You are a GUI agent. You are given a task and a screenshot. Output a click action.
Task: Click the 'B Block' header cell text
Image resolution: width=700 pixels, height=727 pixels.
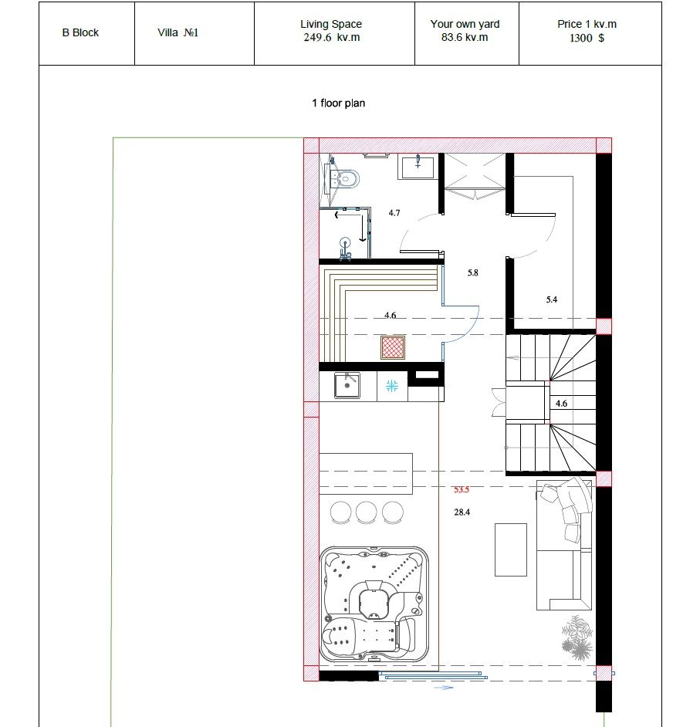point(80,33)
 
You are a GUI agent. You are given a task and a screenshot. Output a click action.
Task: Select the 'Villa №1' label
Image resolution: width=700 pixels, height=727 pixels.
point(178,33)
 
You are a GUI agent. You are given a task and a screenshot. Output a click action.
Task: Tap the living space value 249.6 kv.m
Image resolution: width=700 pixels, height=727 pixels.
point(331,38)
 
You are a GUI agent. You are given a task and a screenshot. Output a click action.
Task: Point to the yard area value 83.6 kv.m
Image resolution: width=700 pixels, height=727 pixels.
point(465,38)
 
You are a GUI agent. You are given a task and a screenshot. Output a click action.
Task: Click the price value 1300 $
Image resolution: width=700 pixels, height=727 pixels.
point(587,38)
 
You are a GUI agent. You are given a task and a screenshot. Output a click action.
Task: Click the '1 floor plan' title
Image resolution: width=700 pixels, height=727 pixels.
point(338,103)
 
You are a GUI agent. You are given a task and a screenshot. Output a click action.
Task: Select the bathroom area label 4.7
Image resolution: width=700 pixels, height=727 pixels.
point(394,213)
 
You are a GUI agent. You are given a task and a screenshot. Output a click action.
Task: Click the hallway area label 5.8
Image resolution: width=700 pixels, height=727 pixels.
point(472,272)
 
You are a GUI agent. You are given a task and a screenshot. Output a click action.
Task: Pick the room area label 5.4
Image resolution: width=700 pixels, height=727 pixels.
point(551,299)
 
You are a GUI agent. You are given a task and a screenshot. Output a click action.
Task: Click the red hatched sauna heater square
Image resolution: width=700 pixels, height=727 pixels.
point(393,347)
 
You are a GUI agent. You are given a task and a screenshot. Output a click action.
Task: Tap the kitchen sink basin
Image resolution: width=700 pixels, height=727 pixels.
point(347,386)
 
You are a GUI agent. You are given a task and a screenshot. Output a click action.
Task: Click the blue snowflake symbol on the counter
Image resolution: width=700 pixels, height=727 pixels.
point(392,386)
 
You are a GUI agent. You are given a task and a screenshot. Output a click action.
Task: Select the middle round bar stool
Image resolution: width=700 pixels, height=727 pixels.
point(367,512)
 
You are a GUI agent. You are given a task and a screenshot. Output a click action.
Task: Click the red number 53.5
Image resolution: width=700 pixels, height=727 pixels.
point(462,489)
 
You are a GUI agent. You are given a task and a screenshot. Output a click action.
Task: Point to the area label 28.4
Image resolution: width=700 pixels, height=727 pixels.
point(462,512)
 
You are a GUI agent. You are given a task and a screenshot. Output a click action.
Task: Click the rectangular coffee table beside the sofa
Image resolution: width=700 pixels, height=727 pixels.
point(510,550)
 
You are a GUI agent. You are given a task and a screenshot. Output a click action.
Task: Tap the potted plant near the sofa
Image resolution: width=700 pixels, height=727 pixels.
point(577,637)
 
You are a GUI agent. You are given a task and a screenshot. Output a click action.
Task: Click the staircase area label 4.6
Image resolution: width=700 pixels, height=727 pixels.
point(561,404)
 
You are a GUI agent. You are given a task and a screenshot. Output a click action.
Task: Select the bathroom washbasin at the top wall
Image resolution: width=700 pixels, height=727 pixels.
point(418,167)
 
